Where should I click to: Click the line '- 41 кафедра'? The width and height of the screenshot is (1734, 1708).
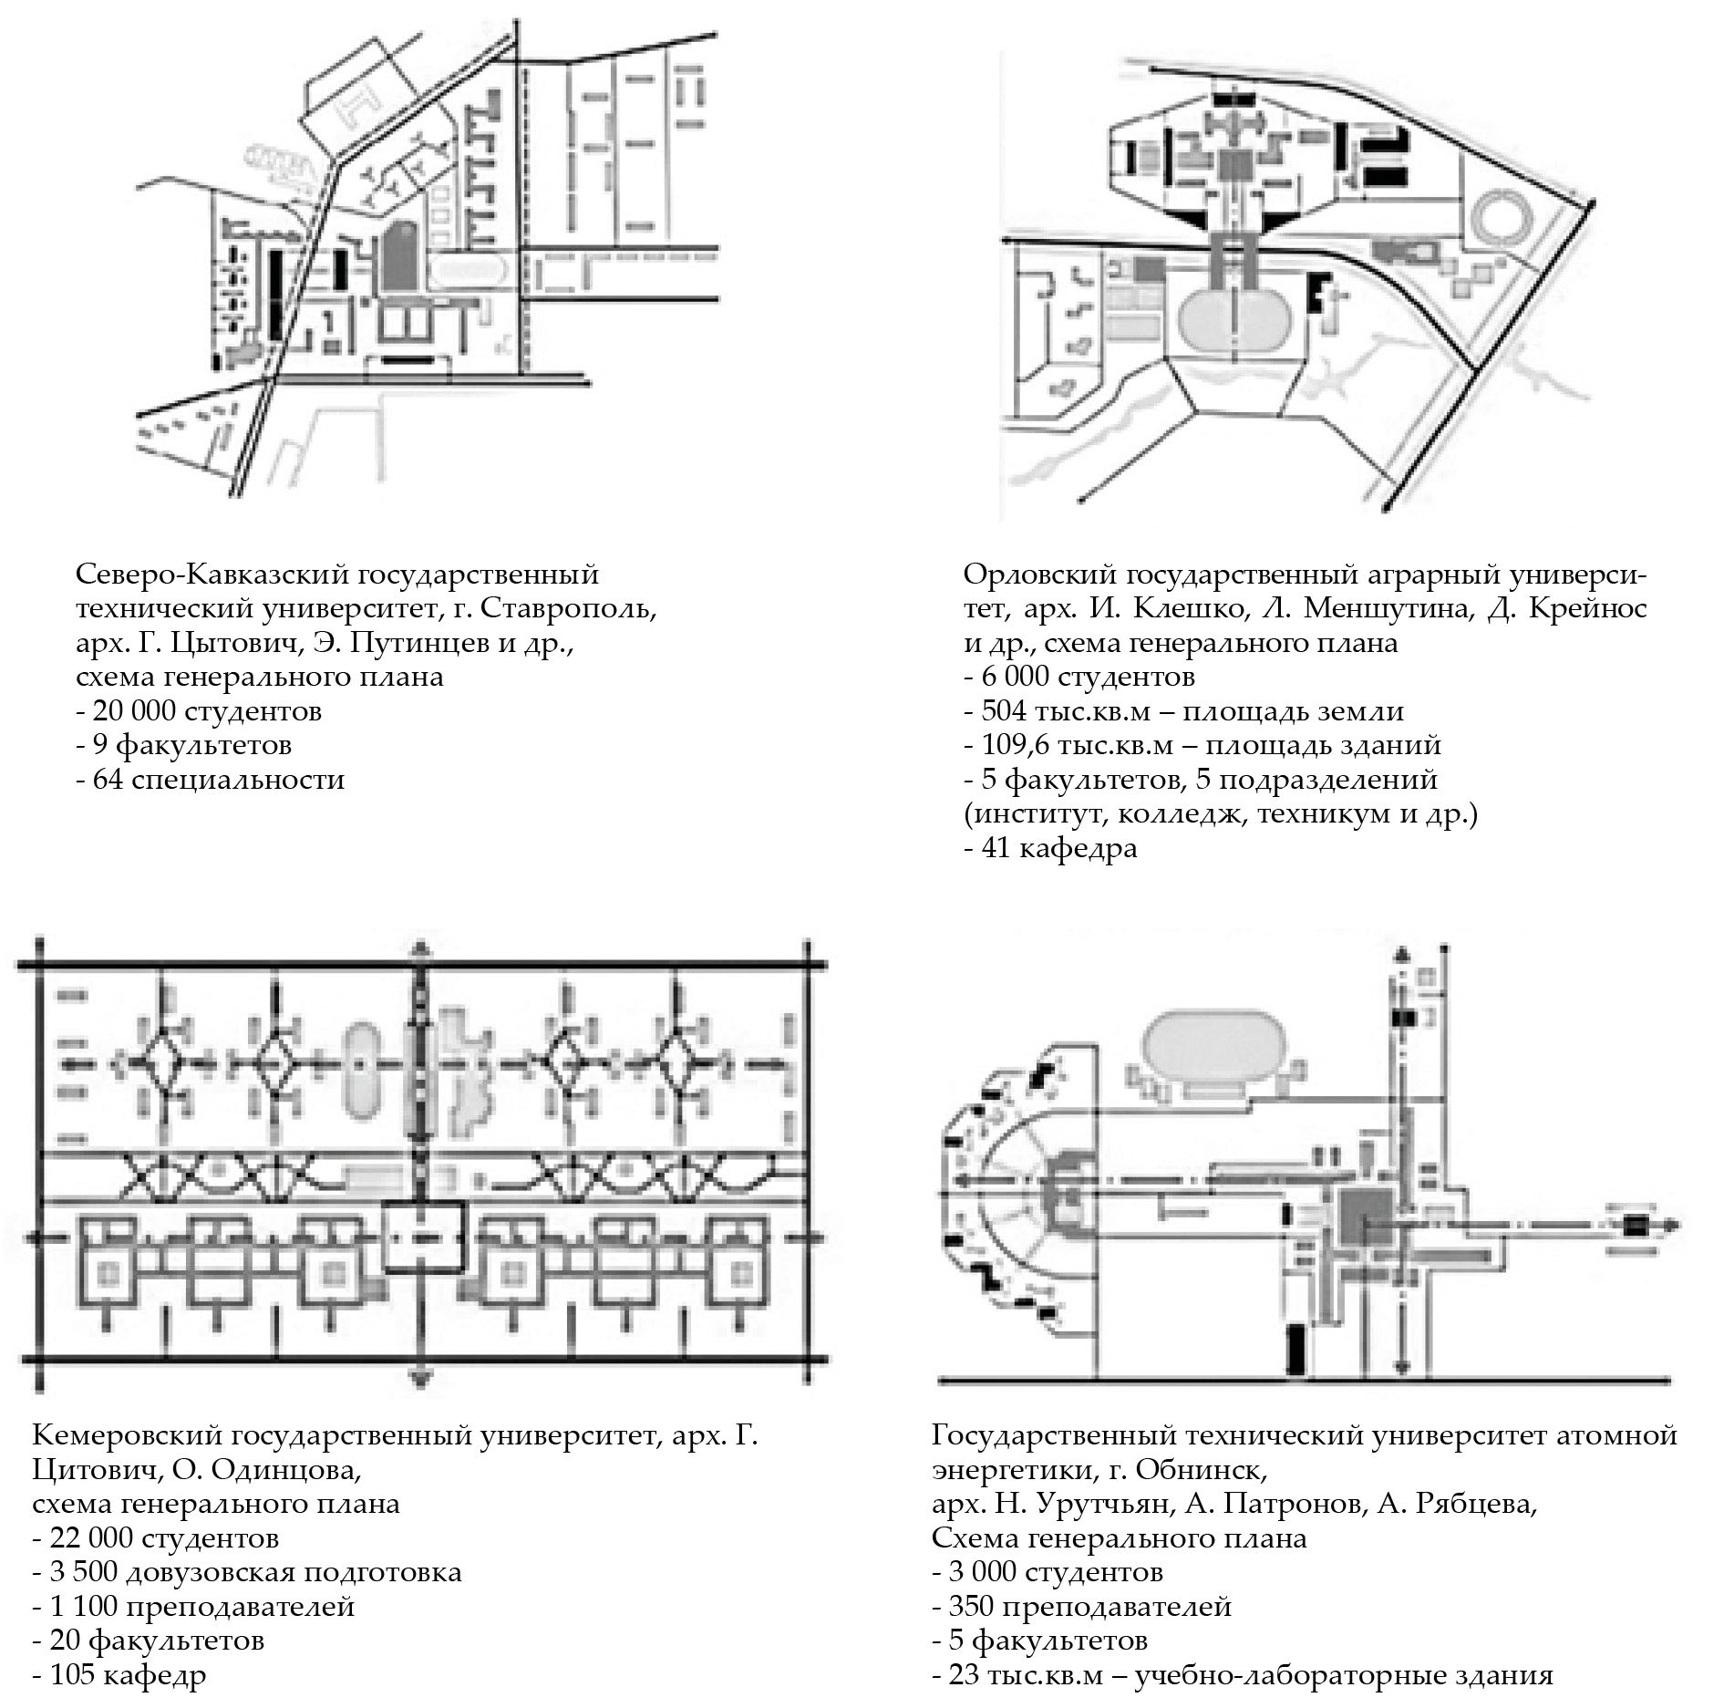[x=1050, y=848]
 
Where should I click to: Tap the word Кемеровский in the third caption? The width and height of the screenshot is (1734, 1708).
[x=123, y=1436]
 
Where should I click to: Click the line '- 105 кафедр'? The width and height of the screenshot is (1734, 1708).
[x=119, y=1675]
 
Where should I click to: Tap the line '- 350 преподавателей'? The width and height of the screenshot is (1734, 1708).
[x=1081, y=1607]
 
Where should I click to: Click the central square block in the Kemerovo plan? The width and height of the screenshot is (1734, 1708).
[x=423, y=1237]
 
